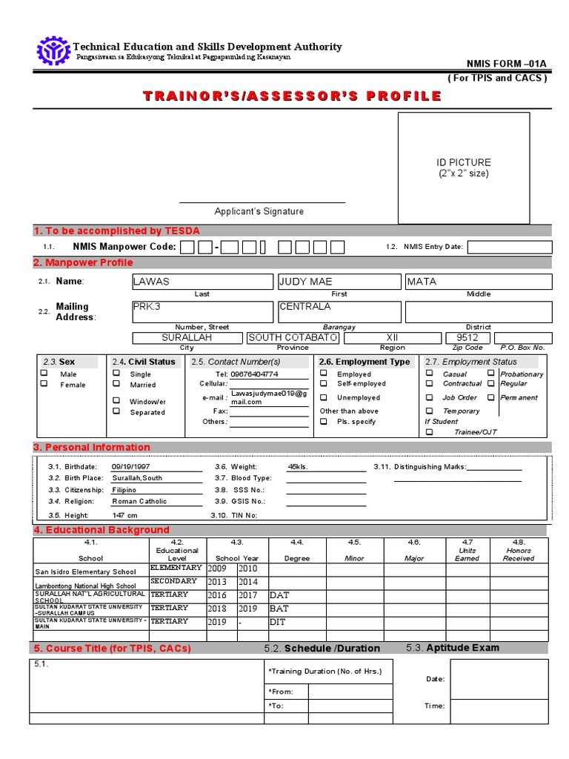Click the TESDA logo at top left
pos(53,50)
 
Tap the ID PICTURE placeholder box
pos(464,168)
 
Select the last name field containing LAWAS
pos(202,282)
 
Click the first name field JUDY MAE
pos(340,282)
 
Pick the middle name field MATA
pos(478,282)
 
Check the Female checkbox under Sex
pos(44,385)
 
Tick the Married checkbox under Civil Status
pos(116,385)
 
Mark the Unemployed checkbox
pos(324,397)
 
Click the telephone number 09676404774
pos(254,374)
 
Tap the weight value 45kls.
pos(298,467)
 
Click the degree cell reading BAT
pos(280,609)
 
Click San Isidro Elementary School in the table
pos(86,571)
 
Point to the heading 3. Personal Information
pos(91,447)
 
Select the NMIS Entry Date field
pos(509,247)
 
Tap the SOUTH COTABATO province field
pos(293,338)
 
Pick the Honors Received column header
pos(519,554)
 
